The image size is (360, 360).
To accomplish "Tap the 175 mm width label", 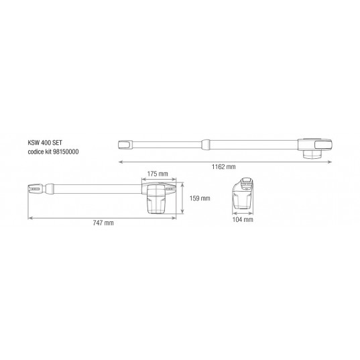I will pyautogui.click(x=158, y=174).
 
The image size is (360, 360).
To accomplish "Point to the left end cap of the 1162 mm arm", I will pyautogui.click(x=125, y=143).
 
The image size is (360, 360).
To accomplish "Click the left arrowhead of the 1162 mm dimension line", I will pyautogui.click(x=120, y=162).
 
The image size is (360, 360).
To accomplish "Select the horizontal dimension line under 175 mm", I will pyautogui.click(x=159, y=180).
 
